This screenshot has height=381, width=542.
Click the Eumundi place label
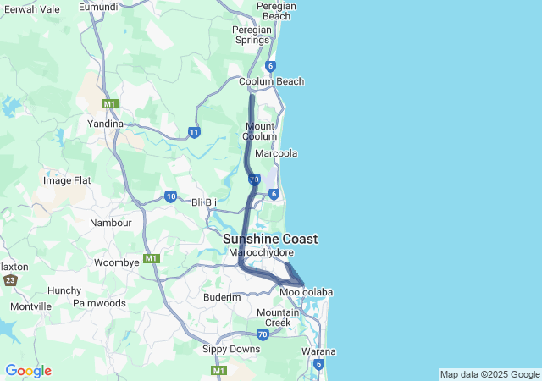click(x=97, y=7)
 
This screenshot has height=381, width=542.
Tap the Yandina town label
click(x=107, y=124)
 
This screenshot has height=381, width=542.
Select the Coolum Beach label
click(x=271, y=82)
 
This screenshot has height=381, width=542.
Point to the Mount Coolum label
click(x=259, y=131)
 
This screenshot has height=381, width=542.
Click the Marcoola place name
click(x=276, y=154)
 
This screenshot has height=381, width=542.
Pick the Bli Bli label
click(x=205, y=202)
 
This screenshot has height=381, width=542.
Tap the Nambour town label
click(x=111, y=223)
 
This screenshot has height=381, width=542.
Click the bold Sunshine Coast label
click(x=270, y=240)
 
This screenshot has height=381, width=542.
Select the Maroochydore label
click(x=257, y=252)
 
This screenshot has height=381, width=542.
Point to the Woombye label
click(x=116, y=262)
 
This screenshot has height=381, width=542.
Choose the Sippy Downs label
click(x=231, y=349)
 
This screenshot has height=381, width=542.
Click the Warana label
click(x=318, y=351)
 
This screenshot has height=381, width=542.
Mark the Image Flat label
click(x=67, y=180)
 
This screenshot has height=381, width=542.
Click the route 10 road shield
click(x=170, y=197)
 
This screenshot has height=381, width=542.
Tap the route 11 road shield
click(x=195, y=132)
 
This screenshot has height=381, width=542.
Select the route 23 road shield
click(x=10, y=280)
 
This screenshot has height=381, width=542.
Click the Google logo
click(x=28, y=371)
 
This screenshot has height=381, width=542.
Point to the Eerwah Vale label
click(x=31, y=8)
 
